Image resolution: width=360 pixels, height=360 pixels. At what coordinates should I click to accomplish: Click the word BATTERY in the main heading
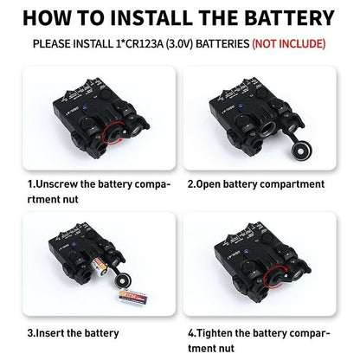click(x=290, y=18)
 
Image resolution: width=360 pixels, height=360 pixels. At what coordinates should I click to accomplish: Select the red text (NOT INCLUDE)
click(x=289, y=44)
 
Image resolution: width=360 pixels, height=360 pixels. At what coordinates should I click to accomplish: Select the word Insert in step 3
click(x=49, y=333)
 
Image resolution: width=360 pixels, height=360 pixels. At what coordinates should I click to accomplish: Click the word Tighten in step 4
click(x=214, y=333)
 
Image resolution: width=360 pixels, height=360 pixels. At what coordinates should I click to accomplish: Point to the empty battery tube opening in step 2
click(x=267, y=129)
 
